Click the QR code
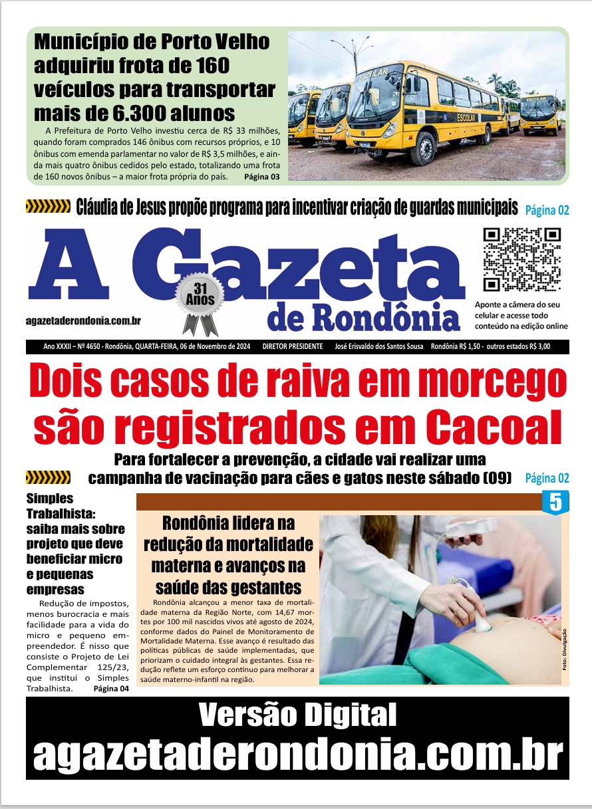[x=522, y=259]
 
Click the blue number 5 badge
[x=556, y=502]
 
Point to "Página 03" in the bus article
[x=261, y=177]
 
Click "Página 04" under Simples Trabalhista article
[x=111, y=689]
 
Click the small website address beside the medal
[x=83, y=320]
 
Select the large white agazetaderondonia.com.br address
[x=297, y=754]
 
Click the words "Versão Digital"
[x=297, y=715]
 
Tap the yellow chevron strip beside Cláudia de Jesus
[x=48, y=207]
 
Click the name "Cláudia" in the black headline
[x=101, y=207]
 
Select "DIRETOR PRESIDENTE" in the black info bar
[x=293, y=346]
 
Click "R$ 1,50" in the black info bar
[x=470, y=346]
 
